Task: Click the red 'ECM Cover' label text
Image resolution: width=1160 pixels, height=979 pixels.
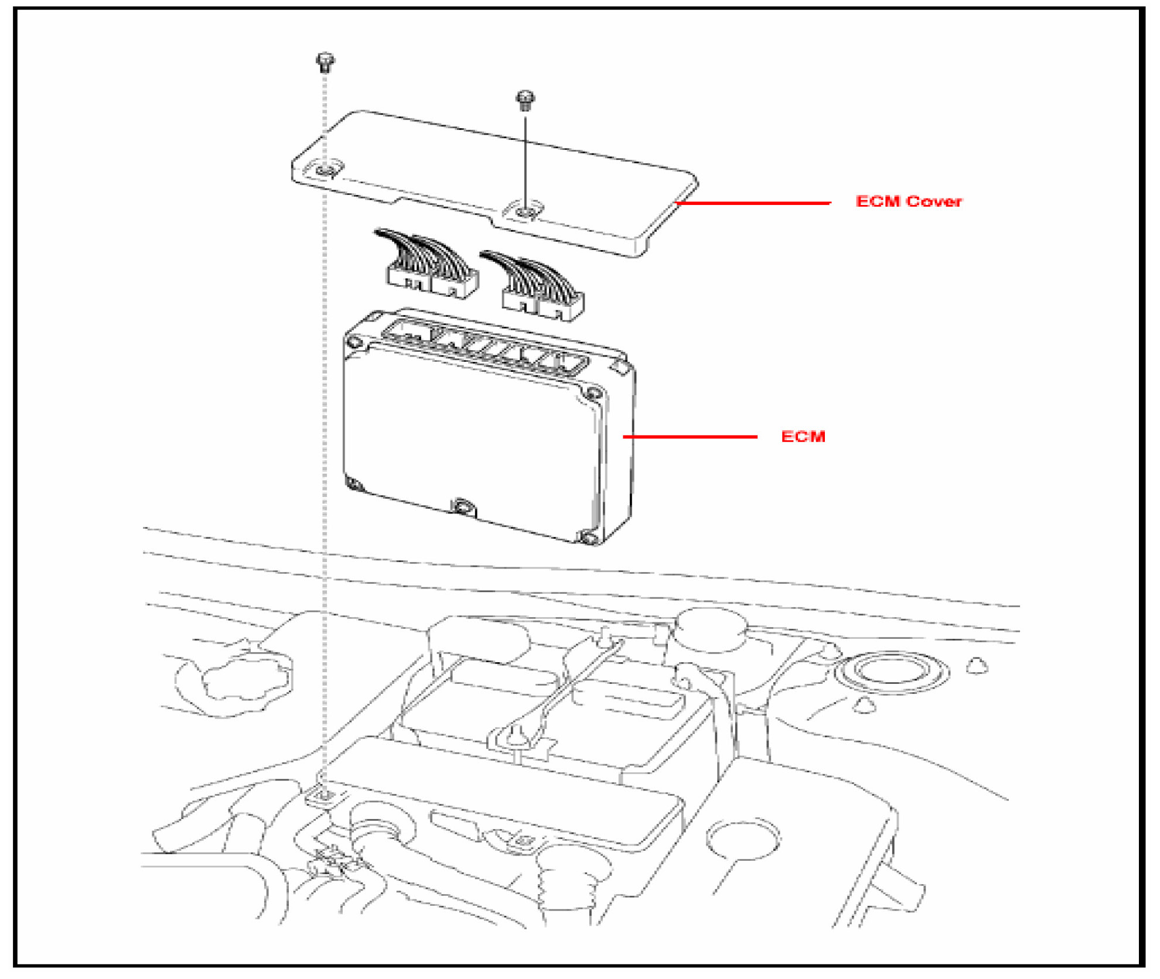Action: coord(908,201)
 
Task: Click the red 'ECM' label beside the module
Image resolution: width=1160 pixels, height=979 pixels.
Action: coord(803,436)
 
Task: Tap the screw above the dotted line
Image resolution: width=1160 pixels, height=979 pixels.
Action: coord(325,61)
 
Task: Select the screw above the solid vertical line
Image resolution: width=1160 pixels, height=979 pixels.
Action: coord(525,99)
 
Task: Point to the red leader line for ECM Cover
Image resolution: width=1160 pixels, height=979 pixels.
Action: coord(753,203)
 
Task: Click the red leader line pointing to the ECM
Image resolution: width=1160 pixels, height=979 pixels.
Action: coord(690,436)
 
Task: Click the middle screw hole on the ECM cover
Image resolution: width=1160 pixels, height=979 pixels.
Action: coord(526,210)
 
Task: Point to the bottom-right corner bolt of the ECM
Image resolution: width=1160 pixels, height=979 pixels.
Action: coord(588,537)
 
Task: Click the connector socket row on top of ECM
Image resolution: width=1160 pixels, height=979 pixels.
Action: coord(485,347)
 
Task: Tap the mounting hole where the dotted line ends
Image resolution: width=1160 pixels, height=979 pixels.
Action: coord(326,795)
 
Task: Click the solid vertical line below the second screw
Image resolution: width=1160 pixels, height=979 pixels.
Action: coord(525,158)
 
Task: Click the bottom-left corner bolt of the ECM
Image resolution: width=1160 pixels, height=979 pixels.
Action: coord(354,484)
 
